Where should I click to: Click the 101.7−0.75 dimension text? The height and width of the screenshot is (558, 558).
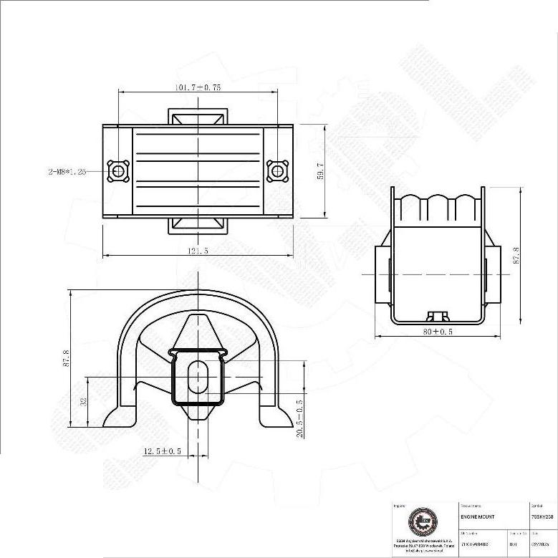pyautogui.click(x=197, y=87)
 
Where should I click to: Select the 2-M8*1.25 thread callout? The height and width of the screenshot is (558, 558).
pyautogui.click(x=67, y=172)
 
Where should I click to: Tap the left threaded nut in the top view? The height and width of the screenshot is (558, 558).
pyautogui.click(x=118, y=171)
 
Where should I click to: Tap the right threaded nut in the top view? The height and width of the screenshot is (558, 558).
pyautogui.click(x=277, y=170)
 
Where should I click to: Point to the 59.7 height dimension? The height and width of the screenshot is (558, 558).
pyautogui.click(x=321, y=170)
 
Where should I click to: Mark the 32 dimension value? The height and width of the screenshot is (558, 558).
pyautogui.click(x=84, y=403)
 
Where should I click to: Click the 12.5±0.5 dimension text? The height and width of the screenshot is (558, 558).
pyautogui.click(x=163, y=451)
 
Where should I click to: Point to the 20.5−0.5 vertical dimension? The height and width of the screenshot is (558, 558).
pyautogui.click(x=300, y=419)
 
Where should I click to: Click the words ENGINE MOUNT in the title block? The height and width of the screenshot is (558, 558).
pyautogui.click(x=477, y=516)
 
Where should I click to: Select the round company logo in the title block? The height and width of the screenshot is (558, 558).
pyautogui.click(x=423, y=521)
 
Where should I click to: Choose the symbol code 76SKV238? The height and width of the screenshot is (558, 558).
pyautogui.click(x=542, y=516)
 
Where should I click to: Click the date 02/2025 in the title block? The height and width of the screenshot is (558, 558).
pyautogui.click(x=540, y=544)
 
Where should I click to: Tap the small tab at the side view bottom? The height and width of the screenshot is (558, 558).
pyautogui.click(x=437, y=315)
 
